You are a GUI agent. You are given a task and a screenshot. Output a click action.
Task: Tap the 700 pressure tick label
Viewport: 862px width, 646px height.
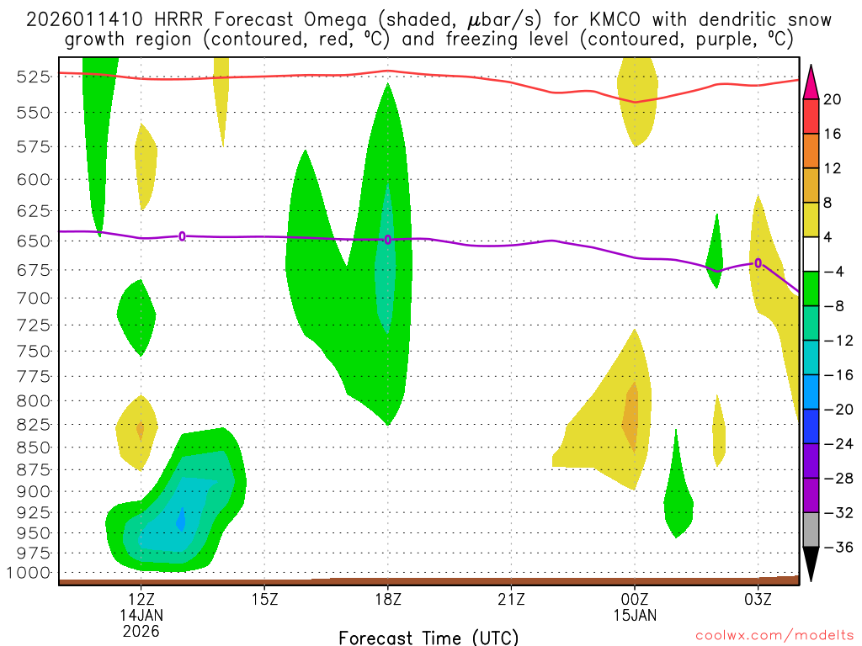(34, 298)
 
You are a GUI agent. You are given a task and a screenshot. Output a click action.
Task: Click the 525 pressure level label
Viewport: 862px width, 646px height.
(34, 77)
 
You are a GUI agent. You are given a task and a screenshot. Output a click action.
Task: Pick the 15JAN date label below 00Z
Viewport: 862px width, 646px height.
(635, 614)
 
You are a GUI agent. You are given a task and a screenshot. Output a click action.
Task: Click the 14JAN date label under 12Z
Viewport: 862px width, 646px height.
(141, 614)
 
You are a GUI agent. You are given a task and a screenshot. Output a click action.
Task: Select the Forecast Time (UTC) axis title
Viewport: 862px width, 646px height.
(428, 637)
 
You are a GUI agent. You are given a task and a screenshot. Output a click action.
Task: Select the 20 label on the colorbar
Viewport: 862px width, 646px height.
(833, 99)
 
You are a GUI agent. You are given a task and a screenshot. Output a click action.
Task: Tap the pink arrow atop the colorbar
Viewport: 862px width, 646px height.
(811, 82)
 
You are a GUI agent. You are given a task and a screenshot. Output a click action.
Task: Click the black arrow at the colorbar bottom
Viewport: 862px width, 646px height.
(811, 564)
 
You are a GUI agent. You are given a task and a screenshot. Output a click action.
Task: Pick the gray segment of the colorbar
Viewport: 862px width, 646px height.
(811, 530)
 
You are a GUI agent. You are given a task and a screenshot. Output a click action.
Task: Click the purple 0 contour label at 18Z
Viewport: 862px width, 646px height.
(388, 240)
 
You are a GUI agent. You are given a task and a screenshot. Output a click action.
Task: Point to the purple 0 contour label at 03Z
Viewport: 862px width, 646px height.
(758, 263)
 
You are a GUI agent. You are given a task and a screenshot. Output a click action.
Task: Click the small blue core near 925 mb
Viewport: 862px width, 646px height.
(181, 521)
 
